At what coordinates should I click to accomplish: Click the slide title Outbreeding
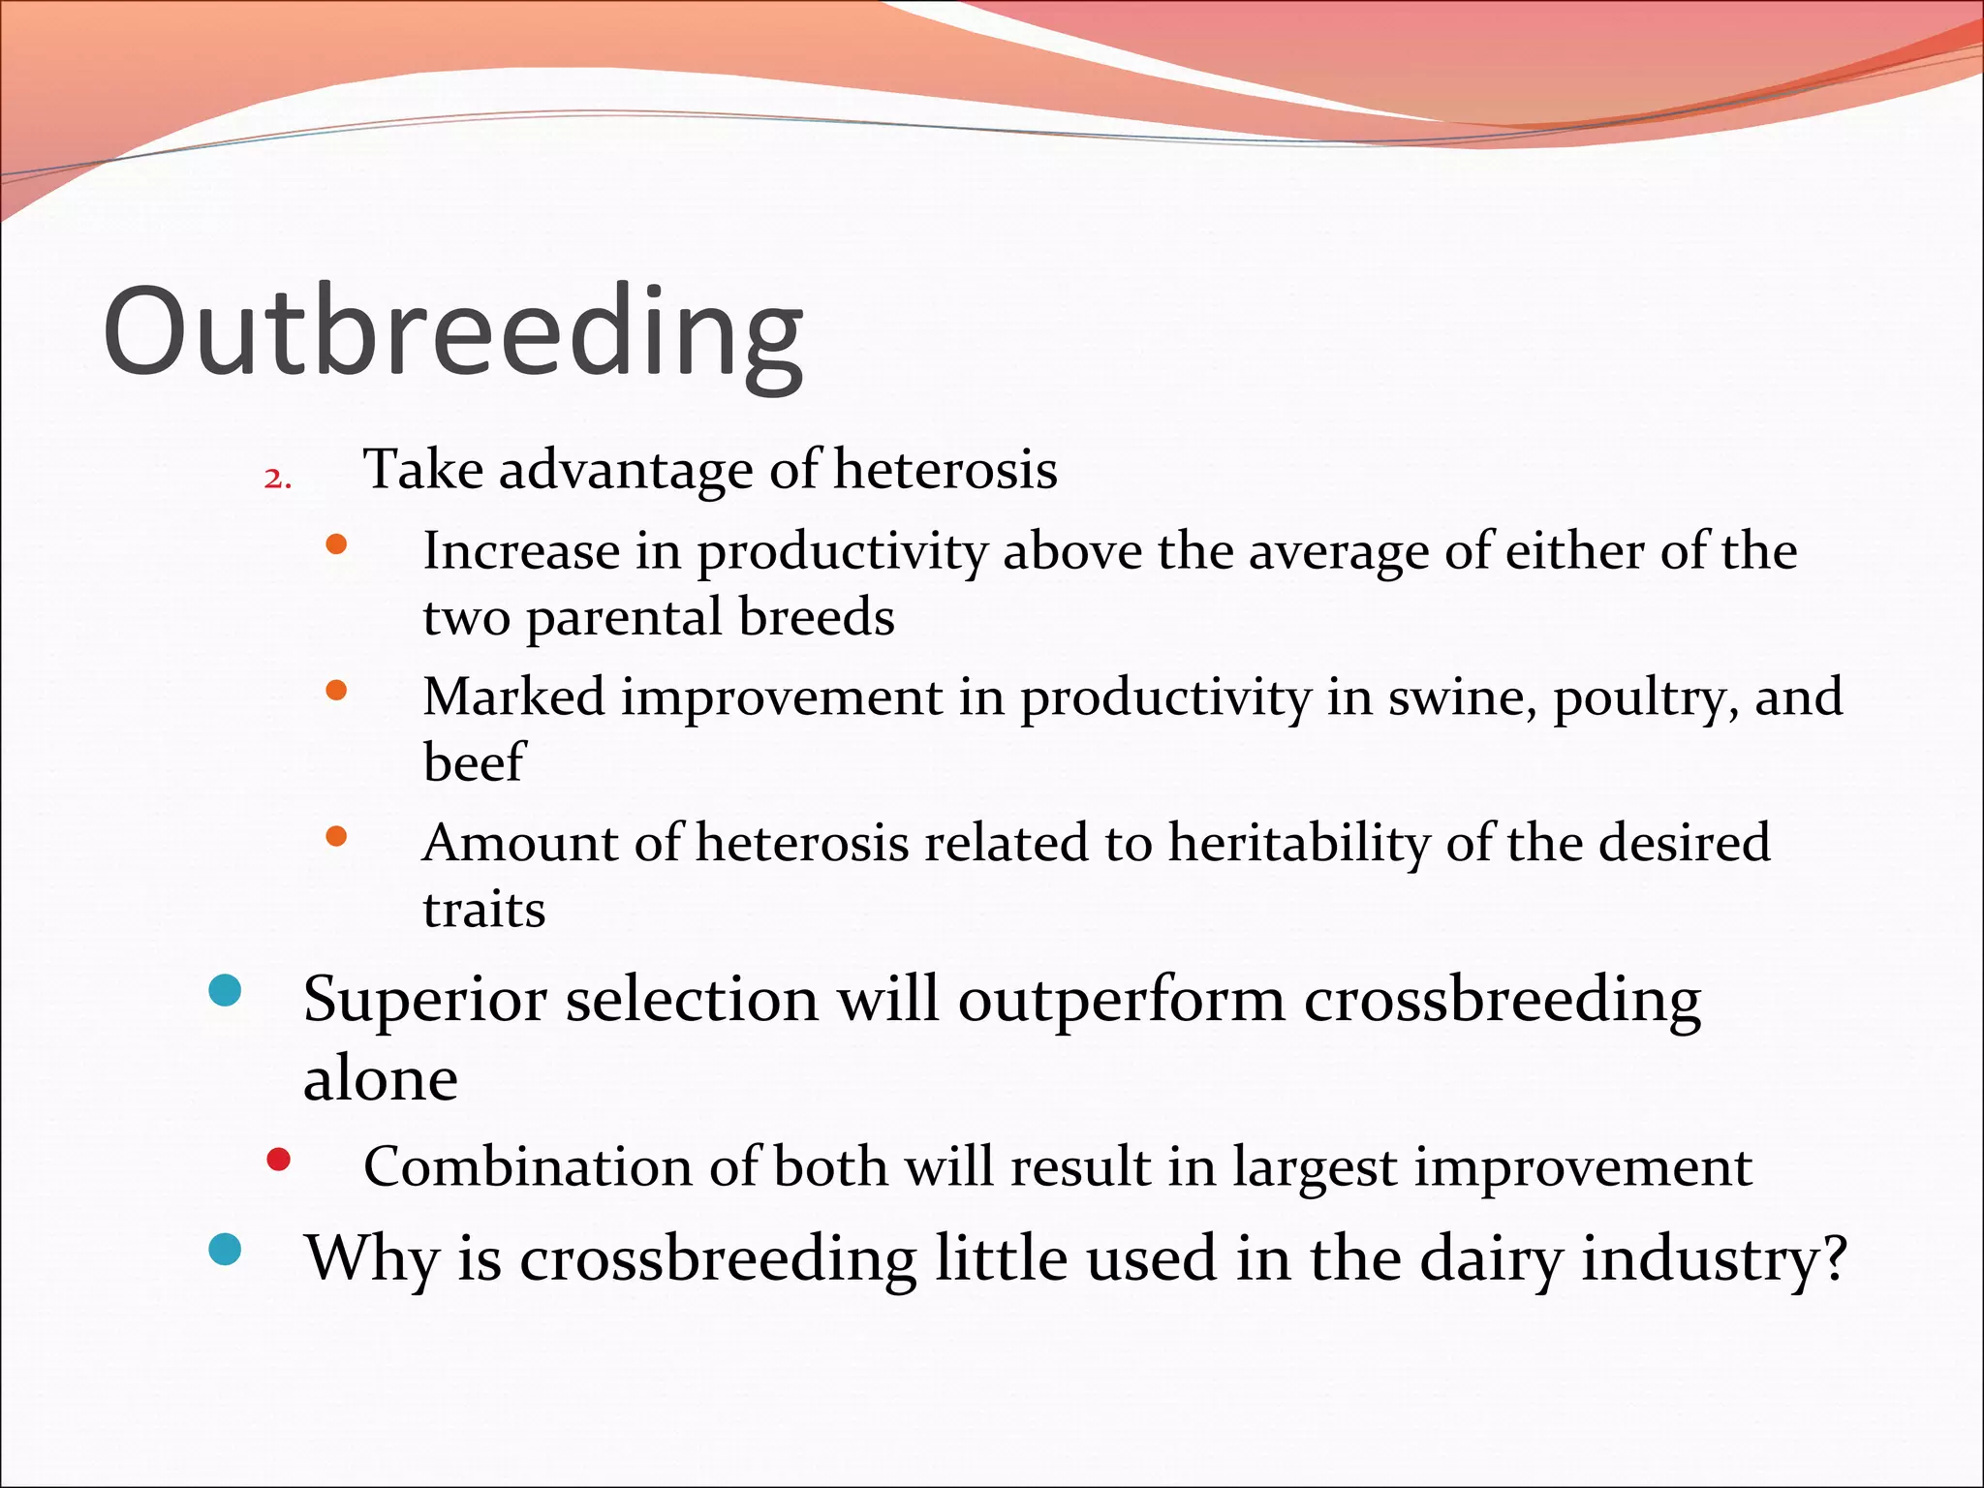[x=452, y=332]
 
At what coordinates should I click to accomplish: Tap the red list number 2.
[x=276, y=479]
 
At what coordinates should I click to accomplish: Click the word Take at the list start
[x=422, y=471]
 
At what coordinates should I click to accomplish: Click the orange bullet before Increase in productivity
[x=336, y=544]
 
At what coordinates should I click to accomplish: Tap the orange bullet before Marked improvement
[x=336, y=691]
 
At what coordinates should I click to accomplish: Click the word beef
[x=474, y=761]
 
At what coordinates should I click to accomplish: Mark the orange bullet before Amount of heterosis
[x=336, y=836]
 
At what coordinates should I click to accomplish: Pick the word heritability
[x=1298, y=843]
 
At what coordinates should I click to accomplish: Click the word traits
[x=483, y=910]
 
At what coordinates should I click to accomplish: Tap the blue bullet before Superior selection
[x=225, y=991]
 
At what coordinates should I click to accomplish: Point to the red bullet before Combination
[x=278, y=1160]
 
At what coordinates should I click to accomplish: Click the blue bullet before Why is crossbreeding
[x=225, y=1250]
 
